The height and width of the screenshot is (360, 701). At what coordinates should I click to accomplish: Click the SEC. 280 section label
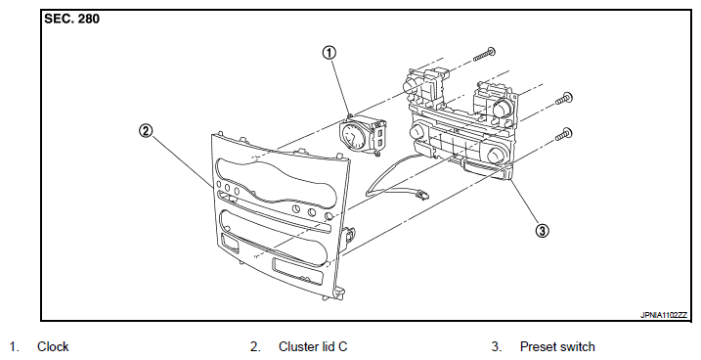[71, 19]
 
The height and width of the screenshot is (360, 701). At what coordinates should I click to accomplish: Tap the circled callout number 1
[329, 53]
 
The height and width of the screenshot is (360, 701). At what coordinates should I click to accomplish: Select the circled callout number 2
[146, 131]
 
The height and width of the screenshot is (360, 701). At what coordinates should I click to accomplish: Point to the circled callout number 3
[543, 231]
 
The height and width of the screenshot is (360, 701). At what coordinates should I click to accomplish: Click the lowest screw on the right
[563, 134]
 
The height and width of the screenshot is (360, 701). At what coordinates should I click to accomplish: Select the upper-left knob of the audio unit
[410, 84]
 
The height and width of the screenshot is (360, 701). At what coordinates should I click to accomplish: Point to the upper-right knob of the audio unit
[503, 108]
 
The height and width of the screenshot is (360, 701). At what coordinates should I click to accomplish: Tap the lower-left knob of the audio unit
[416, 133]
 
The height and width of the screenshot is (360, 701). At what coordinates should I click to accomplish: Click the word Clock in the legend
[53, 346]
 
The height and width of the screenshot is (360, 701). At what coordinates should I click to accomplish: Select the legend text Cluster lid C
[313, 346]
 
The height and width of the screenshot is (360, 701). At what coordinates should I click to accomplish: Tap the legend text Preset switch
[557, 346]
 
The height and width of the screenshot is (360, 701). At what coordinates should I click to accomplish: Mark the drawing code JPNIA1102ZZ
[664, 315]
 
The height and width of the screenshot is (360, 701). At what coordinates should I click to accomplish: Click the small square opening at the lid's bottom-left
[230, 244]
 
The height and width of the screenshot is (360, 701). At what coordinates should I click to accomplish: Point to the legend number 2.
[255, 346]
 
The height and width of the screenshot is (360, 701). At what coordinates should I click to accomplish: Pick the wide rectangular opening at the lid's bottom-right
[296, 270]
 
